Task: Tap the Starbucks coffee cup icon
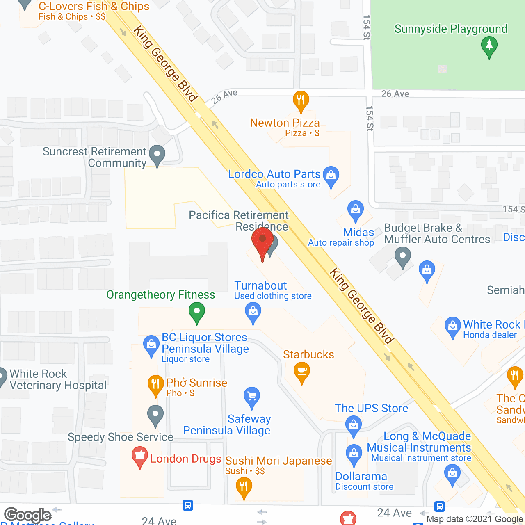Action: (302, 372)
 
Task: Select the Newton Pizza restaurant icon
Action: (301, 100)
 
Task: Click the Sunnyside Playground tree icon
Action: (489, 46)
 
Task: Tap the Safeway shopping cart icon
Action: (252, 397)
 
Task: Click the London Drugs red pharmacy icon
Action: (139, 457)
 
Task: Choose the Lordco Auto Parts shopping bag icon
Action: (331, 176)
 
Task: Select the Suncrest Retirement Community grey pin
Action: (157, 155)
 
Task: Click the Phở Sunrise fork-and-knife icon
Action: (155, 385)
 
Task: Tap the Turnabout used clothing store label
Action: (272, 290)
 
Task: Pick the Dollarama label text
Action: (361, 477)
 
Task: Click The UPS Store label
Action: (371, 408)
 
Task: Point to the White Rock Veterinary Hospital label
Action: (58, 379)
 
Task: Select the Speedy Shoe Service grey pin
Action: (155, 415)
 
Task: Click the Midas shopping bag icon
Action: (355, 210)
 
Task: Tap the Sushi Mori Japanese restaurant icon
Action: (244, 488)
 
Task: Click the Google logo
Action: (28, 515)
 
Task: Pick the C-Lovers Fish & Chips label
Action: (94, 7)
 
